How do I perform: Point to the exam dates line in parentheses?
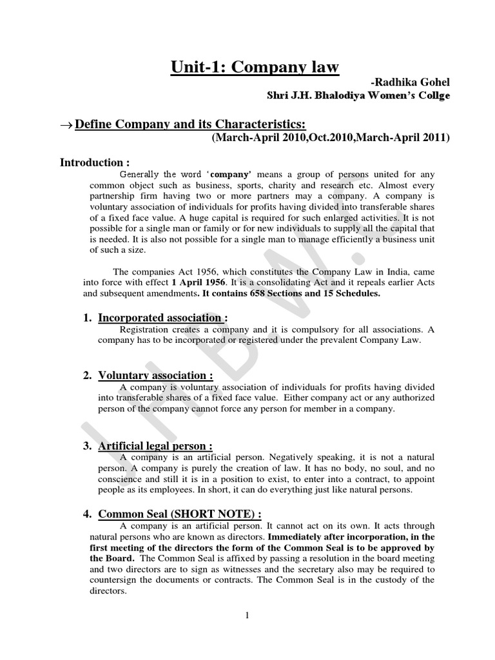coord(325,137)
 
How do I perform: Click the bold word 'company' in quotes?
coord(231,174)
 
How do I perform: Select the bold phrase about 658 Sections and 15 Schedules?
coord(291,293)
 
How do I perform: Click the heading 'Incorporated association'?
coord(162,318)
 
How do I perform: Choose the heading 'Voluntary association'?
coord(155,376)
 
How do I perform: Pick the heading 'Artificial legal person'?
coord(155,446)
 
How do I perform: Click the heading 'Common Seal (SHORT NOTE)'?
coord(179,514)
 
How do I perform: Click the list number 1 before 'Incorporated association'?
coord(87,318)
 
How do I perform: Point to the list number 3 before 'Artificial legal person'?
coord(87,446)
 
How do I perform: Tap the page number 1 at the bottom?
coord(247,616)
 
